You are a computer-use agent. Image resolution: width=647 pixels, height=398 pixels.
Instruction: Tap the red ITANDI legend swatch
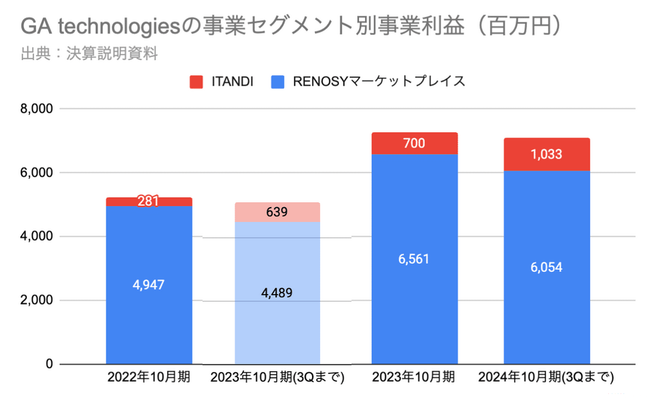pos(197,82)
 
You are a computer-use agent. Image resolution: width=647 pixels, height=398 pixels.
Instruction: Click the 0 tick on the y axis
pos(49,364)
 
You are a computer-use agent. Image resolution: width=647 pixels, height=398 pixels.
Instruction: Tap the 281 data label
pos(148,201)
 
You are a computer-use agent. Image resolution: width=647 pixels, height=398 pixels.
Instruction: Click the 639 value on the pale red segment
pos(277,212)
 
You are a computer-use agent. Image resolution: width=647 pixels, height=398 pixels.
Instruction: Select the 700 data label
pos(414,143)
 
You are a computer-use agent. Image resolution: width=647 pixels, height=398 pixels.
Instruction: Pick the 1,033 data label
pos(547,154)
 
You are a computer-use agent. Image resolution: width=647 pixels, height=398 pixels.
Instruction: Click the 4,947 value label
pos(148,285)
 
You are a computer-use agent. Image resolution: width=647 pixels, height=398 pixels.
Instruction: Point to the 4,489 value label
pos(277,292)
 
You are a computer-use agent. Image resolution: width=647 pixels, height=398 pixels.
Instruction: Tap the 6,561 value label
pos(414,259)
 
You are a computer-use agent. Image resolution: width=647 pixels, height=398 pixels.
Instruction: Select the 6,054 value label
pos(547,267)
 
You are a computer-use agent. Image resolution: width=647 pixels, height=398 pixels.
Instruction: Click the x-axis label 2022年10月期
pos(148,378)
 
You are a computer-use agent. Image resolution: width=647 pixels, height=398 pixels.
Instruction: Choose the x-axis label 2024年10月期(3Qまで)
pos(546,378)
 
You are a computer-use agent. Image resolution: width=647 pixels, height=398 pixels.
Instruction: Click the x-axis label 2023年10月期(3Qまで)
pos(277,378)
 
